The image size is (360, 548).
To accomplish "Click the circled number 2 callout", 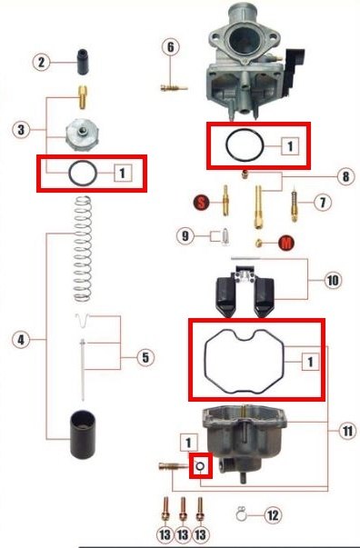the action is pyautogui.click(x=41, y=63).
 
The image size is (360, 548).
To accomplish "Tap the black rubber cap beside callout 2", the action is pyautogui.click(x=83, y=62).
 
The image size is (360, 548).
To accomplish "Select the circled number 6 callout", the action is pyautogui.click(x=171, y=47).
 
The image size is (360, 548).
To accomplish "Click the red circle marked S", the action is pyautogui.click(x=201, y=202).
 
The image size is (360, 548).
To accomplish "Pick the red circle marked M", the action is pyautogui.click(x=285, y=243).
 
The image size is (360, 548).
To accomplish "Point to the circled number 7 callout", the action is pyautogui.click(x=322, y=203).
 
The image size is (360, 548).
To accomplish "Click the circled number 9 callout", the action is pyautogui.click(x=185, y=236).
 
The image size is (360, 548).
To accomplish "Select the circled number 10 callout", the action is pyautogui.click(x=333, y=280).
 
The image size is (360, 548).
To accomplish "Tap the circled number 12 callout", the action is pyautogui.click(x=273, y=515).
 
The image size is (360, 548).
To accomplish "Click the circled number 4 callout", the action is pyautogui.click(x=21, y=339).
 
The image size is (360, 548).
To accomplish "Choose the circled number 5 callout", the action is pyautogui.click(x=145, y=357).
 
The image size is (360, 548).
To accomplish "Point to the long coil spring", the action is pyautogui.click(x=83, y=249).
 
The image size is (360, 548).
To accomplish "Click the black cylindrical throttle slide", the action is pyautogui.click(x=83, y=434).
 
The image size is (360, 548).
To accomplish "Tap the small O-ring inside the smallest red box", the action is pyautogui.click(x=201, y=466).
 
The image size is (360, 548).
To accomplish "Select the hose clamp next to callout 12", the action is pyautogui.click(x=241, y=513).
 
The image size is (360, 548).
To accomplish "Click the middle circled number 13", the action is pyautogui.click(x=183, y=534).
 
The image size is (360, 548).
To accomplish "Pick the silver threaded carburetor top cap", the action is pyautogui.click(x=83, y=135).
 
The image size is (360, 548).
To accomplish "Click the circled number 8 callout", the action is pyautogui.click(x=345, y=176).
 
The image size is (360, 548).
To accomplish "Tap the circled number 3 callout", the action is pyautogui.click(x=21, y=130).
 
